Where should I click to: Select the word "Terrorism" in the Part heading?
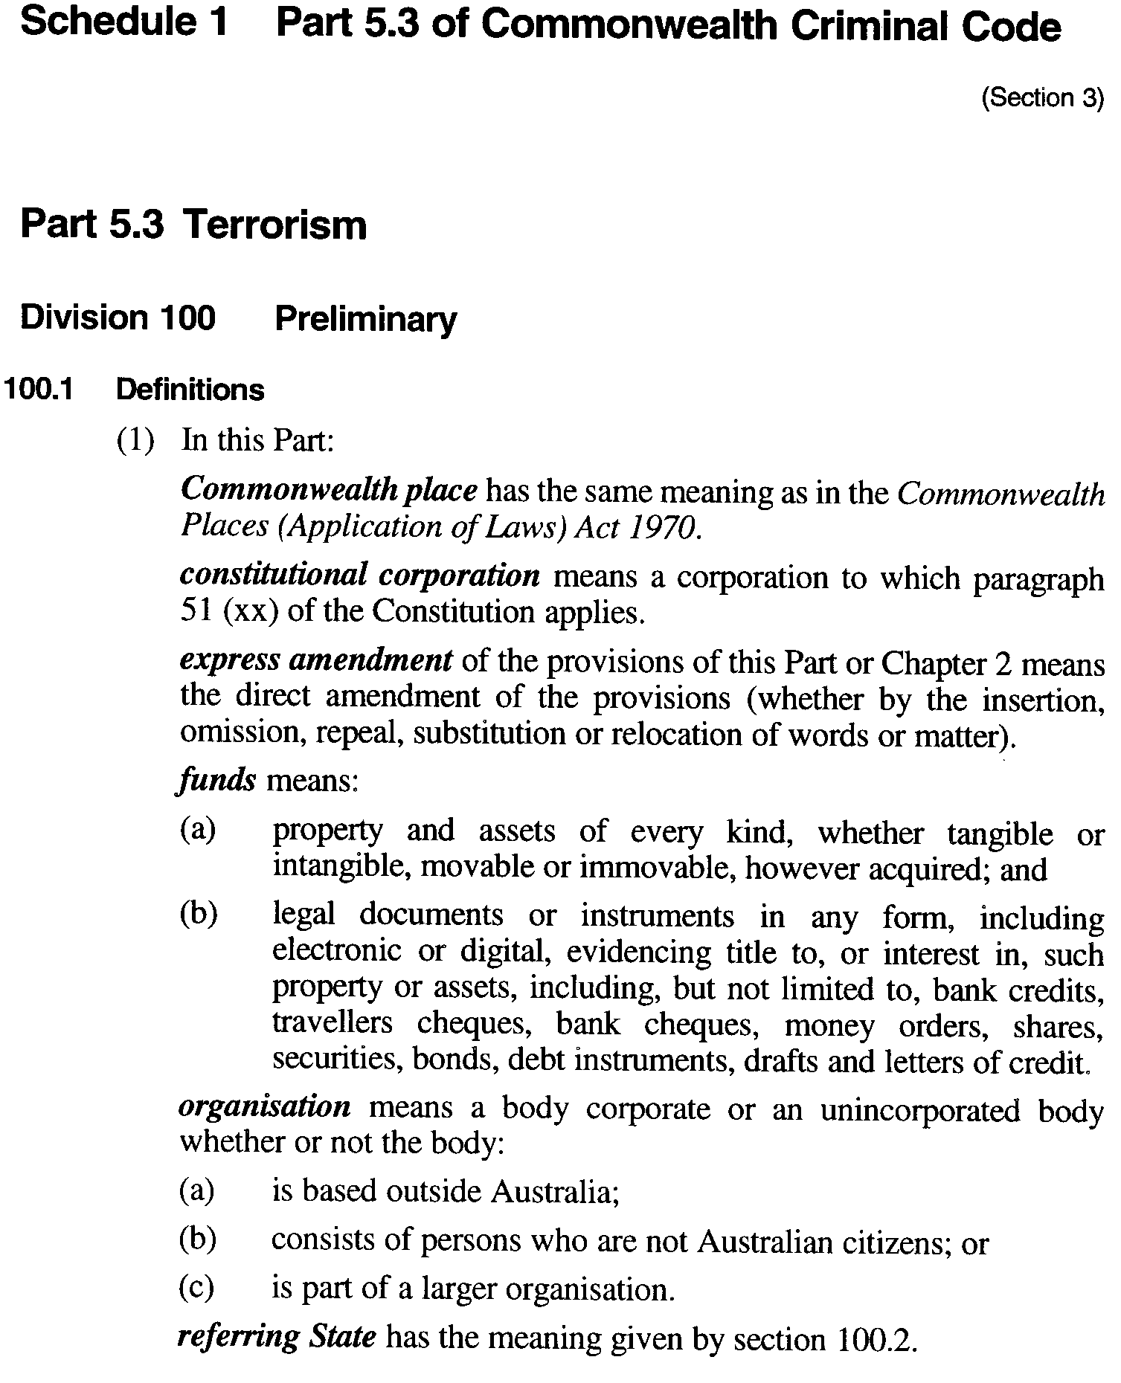click(x=275, y=225)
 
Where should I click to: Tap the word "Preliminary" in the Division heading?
click(x=365, y=319)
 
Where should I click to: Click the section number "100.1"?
click(x=38, y=390)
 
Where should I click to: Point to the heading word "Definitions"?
click(x=190, y=390)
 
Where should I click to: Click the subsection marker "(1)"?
click(x=136, y=440)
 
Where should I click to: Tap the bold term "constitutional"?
click(x=273, y=576)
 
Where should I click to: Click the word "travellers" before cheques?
click(x=332, y=1024)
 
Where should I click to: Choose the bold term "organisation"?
click(x=265, y=1107)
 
